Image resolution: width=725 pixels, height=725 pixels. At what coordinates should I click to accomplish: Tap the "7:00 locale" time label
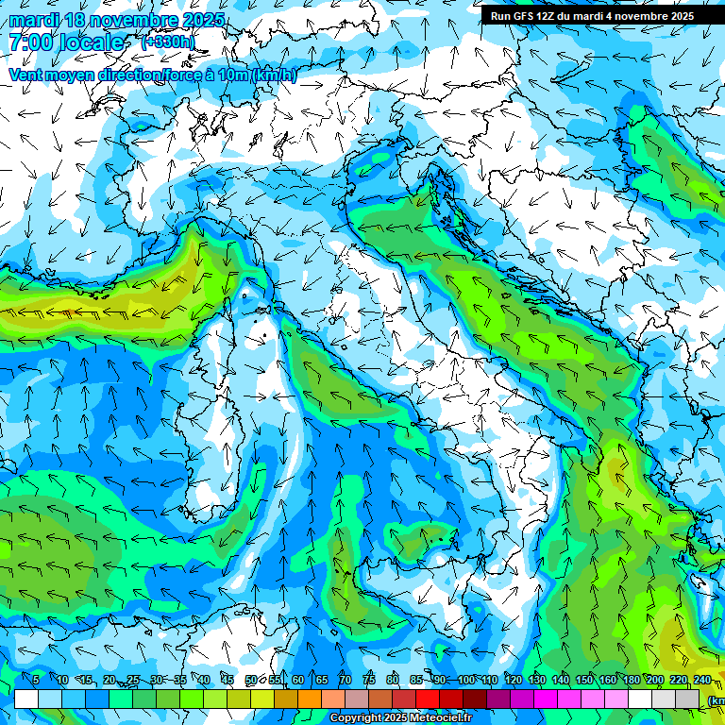[x=66, y=42]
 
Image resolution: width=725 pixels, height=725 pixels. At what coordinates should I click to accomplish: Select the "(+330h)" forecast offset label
[x=168, y=42]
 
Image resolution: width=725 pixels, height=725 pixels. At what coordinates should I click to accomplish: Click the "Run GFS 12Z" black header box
[x=592, y=16]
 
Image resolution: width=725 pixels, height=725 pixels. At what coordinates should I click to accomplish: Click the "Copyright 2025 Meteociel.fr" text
[x=401, y=718]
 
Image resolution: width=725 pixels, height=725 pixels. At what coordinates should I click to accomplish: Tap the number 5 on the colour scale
[x=35, y=680]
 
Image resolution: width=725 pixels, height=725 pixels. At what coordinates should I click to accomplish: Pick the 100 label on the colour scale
[x=465, y=680]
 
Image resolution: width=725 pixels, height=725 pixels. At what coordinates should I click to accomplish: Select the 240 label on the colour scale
[x=701, y=680]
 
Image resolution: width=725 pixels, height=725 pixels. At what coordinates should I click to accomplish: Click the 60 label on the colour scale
[x=298, y=680]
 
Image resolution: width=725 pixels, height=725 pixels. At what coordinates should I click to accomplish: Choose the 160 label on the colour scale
[x=607, y=680]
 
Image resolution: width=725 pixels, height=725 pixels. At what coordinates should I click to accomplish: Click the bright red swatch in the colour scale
[x=428, y=699]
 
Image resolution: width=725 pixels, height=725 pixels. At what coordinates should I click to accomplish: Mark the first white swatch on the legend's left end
[x=26, y=699]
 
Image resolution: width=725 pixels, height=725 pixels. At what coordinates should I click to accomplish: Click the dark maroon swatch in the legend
[x=475, y=699]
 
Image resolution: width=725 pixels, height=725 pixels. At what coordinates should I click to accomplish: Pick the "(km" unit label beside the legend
[x=715, y=700]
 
